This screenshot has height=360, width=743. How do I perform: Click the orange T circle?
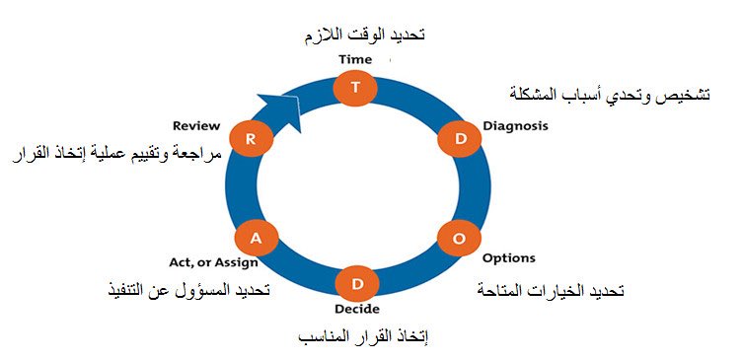tap(355, 87)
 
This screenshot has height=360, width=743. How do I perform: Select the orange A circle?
tap(256, 237)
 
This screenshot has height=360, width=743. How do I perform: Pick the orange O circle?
tap(458, 238)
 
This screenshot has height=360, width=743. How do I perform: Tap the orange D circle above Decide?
tap(355, 284)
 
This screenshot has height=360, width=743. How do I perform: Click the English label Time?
tap(355, 60)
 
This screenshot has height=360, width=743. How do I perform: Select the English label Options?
tap(509, 258)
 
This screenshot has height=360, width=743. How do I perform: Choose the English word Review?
tap(195, 126)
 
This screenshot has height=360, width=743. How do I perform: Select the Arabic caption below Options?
tap(551, 292)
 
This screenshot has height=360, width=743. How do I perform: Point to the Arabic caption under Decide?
tap(362, 337)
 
